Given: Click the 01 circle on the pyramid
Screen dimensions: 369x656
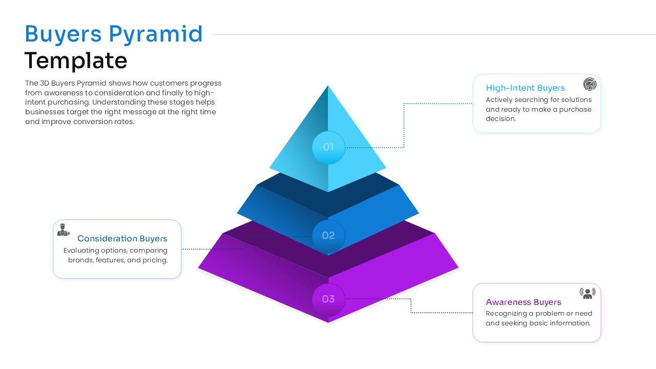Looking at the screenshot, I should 328,148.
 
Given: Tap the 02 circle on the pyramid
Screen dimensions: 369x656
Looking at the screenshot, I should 328,236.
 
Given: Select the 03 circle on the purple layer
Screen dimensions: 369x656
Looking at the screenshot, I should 328,299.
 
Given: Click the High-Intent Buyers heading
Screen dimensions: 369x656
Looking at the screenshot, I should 525,88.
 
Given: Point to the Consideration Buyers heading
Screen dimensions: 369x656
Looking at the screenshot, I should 122,239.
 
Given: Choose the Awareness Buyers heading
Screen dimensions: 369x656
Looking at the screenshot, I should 523,302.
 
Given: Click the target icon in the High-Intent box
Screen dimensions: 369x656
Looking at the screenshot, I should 590,85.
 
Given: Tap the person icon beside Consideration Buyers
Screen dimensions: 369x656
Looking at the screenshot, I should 64,230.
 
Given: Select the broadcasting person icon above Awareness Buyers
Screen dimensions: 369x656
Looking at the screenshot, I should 587,293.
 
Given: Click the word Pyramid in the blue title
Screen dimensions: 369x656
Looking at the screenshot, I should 156,34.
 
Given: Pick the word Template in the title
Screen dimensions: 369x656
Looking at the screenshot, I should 76,61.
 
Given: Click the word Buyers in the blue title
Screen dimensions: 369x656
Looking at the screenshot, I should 63,34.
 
